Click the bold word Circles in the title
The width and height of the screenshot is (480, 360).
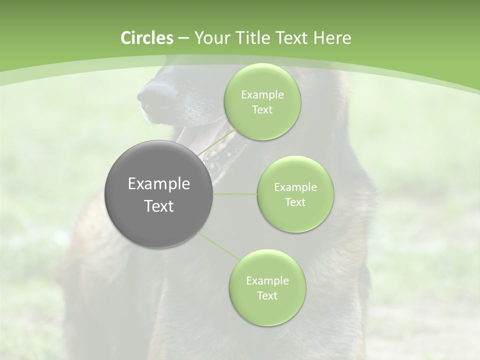coord(146,38)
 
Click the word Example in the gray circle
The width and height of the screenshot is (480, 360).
coord(159,184)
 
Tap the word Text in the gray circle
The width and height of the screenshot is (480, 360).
coord(159,206)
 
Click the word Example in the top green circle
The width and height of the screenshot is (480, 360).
coord(262,95)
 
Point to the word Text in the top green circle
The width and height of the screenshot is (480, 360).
coord(262,110)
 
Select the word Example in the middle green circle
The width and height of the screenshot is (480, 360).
coord(295,187)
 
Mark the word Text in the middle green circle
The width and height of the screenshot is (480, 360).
coord(295,202)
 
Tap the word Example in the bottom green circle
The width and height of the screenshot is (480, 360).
coord(267,280)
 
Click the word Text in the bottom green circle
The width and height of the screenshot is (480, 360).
coord(267,295)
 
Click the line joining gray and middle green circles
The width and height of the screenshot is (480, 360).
coord(235,194)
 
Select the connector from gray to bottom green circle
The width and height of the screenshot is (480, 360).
coord(219,245)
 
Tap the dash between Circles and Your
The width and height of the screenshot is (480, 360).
coord(183,38)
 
